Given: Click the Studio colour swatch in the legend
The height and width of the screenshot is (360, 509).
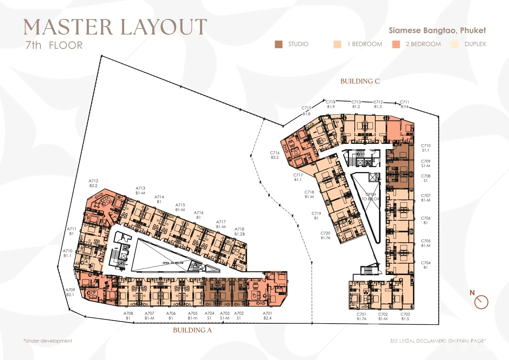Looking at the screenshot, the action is (x=279, y=44).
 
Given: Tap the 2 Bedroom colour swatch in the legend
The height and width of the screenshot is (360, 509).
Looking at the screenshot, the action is (x=396, y=44).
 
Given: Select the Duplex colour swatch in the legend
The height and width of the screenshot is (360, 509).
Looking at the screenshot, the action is (x=455, y=44).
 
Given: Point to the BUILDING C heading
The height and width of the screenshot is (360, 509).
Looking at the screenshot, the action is (x=360, y=81).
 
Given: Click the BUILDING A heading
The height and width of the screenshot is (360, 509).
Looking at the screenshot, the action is (x=192, y=330).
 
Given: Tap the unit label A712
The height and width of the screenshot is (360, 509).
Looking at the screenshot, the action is (x=93, y=181).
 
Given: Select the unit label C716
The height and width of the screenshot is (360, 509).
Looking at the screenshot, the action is (x=275, y=153).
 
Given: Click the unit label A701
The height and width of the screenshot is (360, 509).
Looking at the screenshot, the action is (x=268, y=313).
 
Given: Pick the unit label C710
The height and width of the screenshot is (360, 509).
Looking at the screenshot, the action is (x=426, y=146).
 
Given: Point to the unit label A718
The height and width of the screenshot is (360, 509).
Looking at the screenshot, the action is (x=239, y=229).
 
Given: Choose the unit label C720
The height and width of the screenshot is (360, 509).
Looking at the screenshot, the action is (x=325, y=233).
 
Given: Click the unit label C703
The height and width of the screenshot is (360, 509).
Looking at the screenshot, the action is (x=405, y=314).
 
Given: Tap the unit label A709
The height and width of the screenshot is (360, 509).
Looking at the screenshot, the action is (x=70, y=290).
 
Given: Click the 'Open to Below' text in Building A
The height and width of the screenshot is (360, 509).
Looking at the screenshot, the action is (x=173, y=263).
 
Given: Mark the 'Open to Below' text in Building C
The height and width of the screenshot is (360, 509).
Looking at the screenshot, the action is (x=371, y=197).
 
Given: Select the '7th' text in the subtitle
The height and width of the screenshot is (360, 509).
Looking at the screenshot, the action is (x=33, y=45).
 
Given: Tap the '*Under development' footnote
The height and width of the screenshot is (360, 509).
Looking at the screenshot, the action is (x=48, y=341).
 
